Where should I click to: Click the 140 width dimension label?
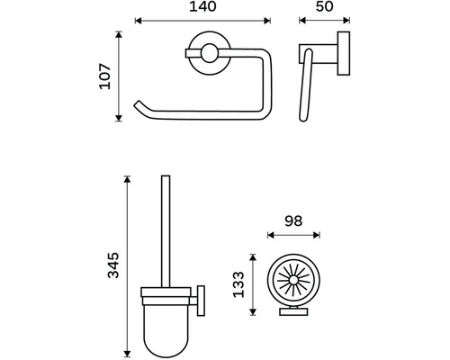(202, 6)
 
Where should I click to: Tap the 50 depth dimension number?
(324, 6)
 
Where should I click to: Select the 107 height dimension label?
(105, 76)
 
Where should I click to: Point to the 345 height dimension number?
(113, 265)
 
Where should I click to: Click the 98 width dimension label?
(293, 221)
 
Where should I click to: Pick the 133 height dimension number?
(238, 284)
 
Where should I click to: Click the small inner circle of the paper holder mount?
(210, 53)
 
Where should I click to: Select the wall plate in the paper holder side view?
(344, 53)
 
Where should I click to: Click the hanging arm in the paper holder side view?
(306, 85)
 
